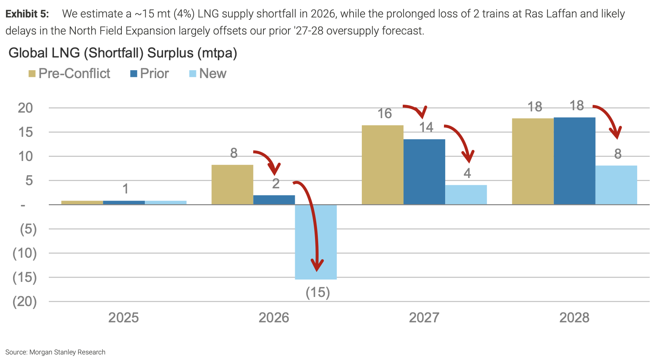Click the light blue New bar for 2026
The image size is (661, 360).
pos(316,242)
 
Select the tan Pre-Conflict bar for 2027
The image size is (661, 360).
pos(382,165)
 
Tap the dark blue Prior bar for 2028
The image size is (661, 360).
pos(574,161)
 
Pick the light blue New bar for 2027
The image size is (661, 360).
pos(466,195)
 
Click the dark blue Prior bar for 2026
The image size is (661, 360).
pos(274,200)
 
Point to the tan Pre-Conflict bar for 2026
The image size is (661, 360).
pos(232,185)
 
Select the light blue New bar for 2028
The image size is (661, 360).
pos(616,185)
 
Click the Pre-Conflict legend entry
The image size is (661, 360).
pos(69,74)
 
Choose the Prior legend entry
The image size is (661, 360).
pos(150,74)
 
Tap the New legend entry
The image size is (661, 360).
pos(208,74)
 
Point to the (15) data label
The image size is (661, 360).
pos(318,293)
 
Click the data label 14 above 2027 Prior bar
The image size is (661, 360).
pos(426,127)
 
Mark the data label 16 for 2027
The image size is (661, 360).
pos(384,114)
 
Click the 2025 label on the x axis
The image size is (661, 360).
pos(123,318)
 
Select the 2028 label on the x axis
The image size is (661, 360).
pos(574,318)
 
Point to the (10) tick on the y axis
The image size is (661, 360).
pos(25,253)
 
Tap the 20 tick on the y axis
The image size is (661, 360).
pos(25,108)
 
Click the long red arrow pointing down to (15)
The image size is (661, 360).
pos(313,222)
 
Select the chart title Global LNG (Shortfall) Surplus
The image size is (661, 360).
pos(123,53)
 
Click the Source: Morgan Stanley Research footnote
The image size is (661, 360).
pos(56,352)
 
